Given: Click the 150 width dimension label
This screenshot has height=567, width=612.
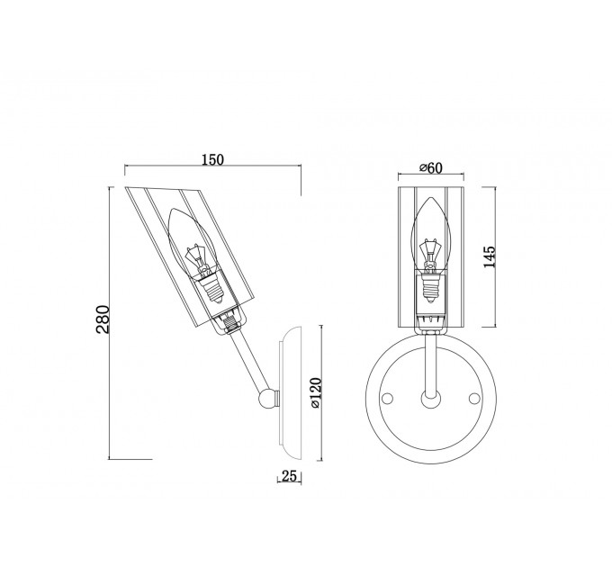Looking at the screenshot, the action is click(x=213, y=159).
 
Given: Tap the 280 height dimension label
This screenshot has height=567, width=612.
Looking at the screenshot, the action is click(x=103, y=319).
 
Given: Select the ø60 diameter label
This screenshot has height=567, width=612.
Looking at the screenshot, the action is click(x=431, y=167).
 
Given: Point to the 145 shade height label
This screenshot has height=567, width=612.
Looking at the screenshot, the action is click(x=489, y=256).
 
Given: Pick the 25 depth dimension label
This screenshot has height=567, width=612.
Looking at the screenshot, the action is click(x=289, y=476).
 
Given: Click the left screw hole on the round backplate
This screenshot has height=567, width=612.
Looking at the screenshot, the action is click(x=387, y=399).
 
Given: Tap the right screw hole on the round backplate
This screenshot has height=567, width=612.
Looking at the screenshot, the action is click(x=474, y=399).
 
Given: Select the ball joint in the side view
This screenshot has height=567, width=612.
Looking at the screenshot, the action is click(x=267, y=399).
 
